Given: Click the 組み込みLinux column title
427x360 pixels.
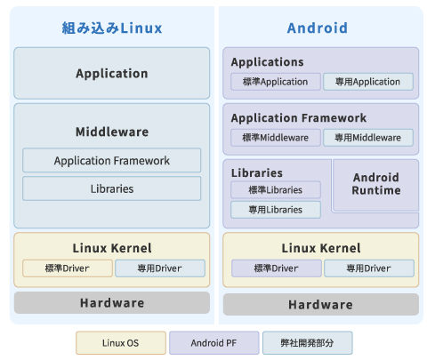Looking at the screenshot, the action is tap(112, 28).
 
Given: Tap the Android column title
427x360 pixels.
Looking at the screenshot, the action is tap(318, 28).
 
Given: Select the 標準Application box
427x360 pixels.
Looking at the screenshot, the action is tap(276, 82).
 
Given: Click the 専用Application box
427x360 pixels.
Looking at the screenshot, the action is tap(368, 82).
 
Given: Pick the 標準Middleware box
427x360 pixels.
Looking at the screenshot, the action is tap(276, 138).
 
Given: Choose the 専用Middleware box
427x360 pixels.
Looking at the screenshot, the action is tap(368, 138).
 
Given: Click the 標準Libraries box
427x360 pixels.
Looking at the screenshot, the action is tap(276, 189).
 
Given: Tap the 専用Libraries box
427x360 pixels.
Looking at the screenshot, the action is tap(276, 210).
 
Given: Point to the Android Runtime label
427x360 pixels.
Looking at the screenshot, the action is tap(376, 184).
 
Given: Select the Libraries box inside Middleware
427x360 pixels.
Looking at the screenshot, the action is tap(112, 188).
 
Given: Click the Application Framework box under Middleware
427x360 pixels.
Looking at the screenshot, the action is tap(112, 160).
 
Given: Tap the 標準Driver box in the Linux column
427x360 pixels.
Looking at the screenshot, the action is tap(68, 268).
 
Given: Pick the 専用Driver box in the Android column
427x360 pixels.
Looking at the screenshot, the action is tap(369, 268).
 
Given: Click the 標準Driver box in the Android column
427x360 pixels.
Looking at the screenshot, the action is tap(277, 268).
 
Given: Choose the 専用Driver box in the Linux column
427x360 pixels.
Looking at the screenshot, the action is tap(160, 268).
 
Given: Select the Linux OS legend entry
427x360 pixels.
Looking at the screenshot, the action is tap(121, 343).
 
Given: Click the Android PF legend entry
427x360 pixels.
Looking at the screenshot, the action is tap(213, 343).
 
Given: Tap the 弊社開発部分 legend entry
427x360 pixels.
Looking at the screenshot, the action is tap(308, 343).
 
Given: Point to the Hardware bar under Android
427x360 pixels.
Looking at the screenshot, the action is tap(321, 305).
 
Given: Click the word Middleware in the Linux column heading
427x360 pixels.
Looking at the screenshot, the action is tap(112, 132).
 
